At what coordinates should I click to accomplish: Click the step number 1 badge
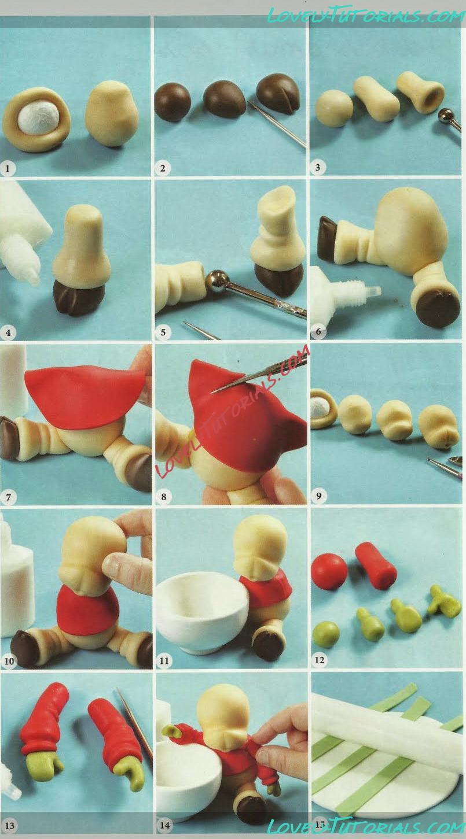click(x=8, y=168)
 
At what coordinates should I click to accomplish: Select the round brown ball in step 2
click(x=173, y=102)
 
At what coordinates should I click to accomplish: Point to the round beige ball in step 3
click(x=334, y=108)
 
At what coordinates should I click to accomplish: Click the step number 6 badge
click(x=318, y=331)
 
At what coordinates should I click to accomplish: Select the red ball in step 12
click(x=329, y=572)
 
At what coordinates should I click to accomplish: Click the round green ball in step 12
click(x=326, y=634)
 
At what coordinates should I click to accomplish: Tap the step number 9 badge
click(x=318, y=496)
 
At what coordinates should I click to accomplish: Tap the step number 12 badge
click(x=320, y=659)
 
